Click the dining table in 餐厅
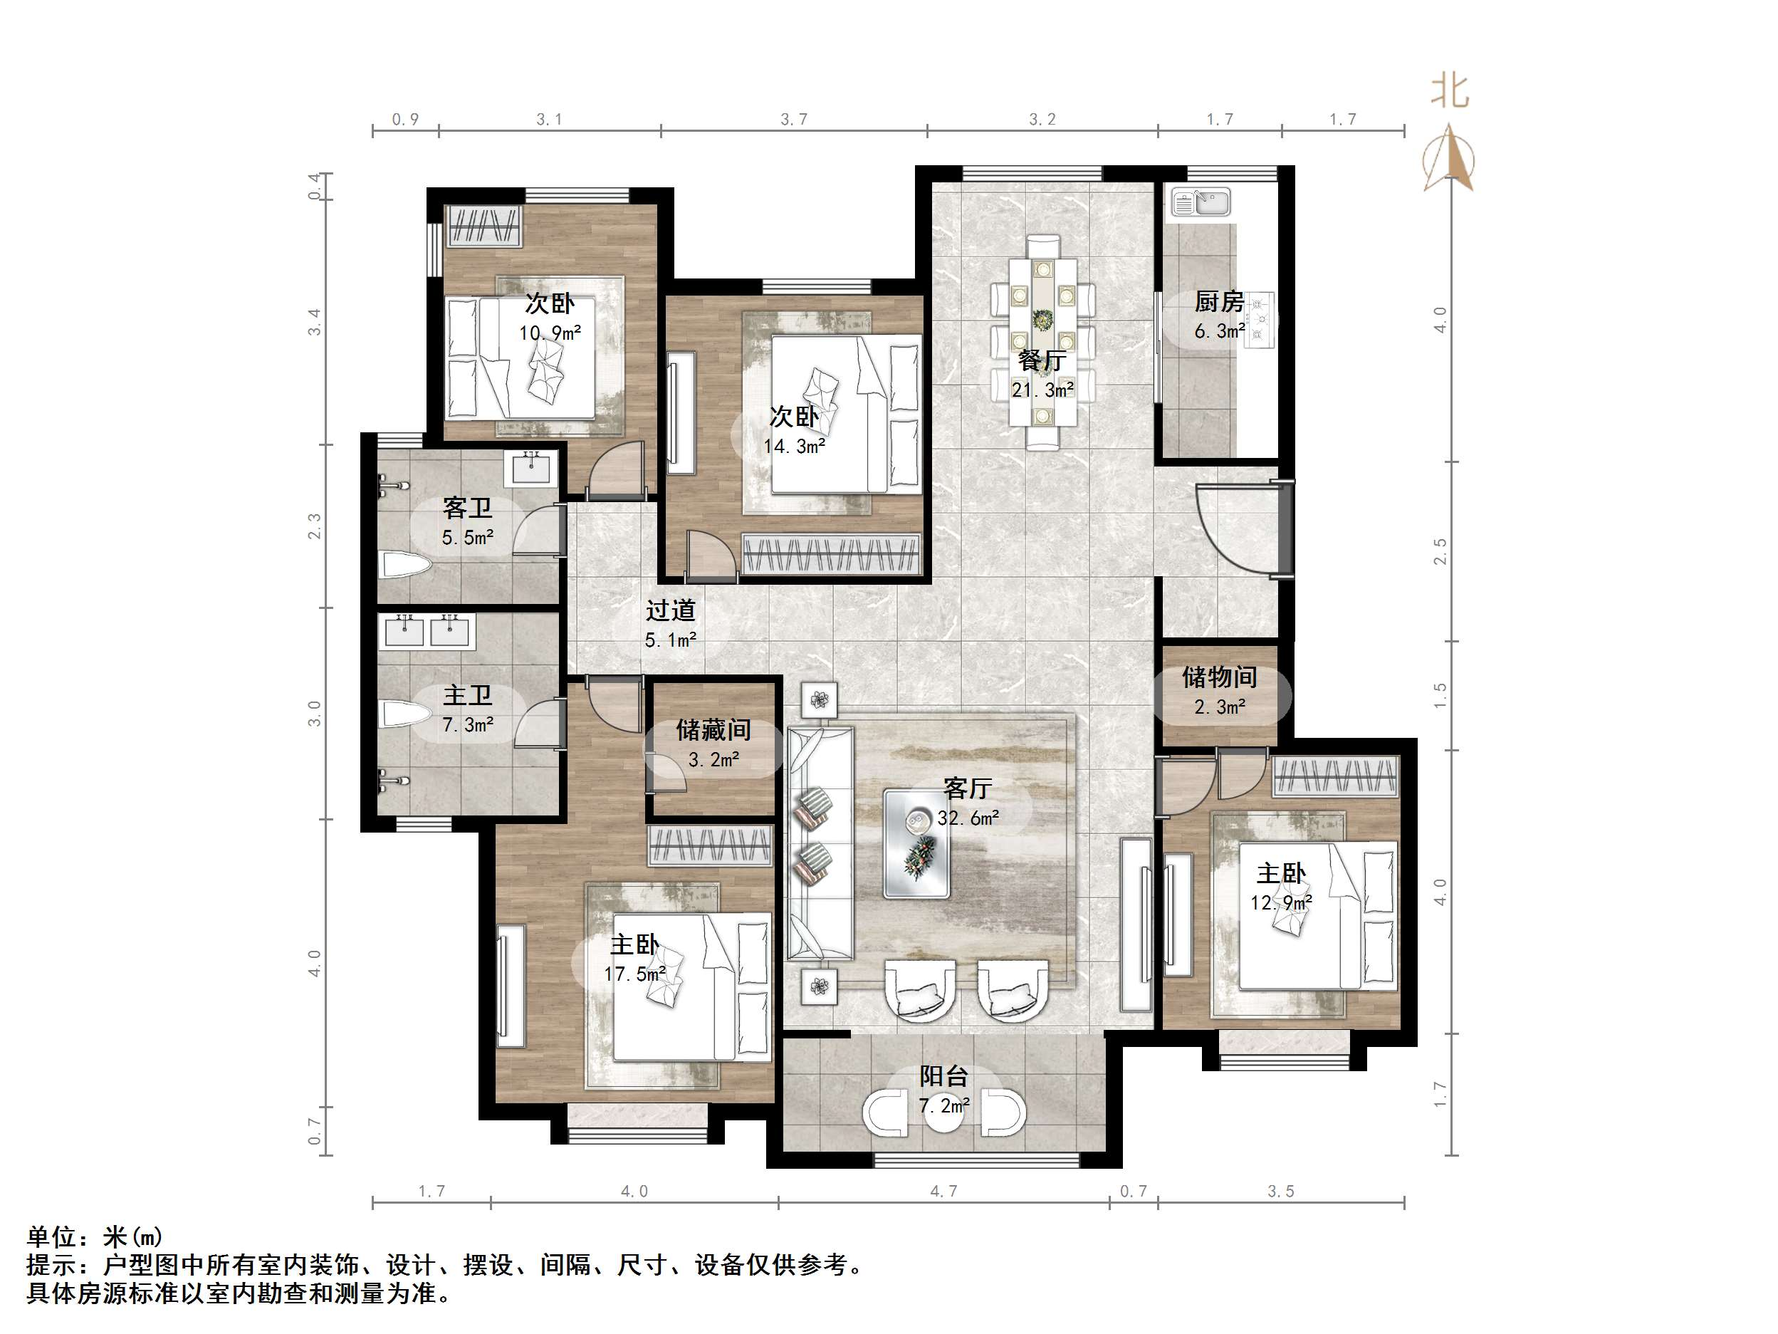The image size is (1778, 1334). click(x=1042, y=342)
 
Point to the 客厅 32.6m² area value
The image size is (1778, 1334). click(x=968, y=818)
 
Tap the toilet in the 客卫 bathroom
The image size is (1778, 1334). click(x=407, y=565)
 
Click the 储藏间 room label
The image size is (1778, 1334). click(x=713, y=729)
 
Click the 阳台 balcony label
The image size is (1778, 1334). click(x=943, y=1076)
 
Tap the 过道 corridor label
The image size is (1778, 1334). click(x=669, y=610)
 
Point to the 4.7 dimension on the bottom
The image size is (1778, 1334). click(x=943, y=1191)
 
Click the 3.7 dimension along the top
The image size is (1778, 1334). click(x=793, y=119)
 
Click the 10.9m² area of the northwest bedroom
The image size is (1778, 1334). click(x=550, y=332)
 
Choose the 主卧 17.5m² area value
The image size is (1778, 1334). click(x=635, y=974)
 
